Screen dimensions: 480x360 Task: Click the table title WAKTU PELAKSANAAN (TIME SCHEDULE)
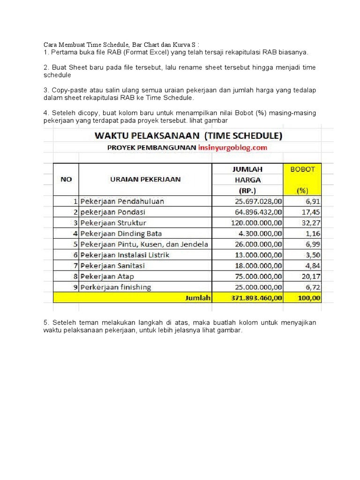coord(188,136)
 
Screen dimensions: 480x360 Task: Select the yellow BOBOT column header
coord(302,169)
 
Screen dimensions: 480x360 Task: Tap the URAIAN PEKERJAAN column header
coord(145,179)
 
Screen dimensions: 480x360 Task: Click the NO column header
coord(66,179)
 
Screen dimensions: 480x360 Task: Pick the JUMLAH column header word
coord(247,169)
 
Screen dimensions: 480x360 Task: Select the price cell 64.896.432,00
coord(255,212)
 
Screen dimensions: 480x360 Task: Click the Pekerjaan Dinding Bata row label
coord(121,234)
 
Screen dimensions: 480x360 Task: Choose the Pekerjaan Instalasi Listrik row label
coord(125,255)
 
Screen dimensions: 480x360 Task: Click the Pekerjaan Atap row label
coord(107,277)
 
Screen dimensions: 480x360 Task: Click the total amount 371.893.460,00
coord(255,298)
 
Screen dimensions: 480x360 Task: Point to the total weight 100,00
coord(309,298)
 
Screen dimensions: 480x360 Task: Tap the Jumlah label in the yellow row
coord(198,298)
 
